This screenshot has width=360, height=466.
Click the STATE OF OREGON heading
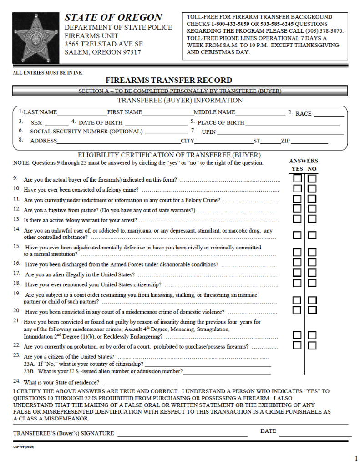tap(113, 18)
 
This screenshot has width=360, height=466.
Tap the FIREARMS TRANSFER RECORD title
tap(169, 80)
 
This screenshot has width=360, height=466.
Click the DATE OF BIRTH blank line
tap(156, 124)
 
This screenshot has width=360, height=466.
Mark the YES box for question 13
tap(297, 219)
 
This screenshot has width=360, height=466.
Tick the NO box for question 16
tap(312, 263)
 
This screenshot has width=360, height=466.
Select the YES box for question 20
tap(297, 310)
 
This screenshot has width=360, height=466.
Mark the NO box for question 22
tap(312, 345)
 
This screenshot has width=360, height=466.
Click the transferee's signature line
tap(182, 435)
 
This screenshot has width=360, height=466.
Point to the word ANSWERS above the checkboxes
tap(304, 161)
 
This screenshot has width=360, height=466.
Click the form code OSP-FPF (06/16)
tap(23, 447)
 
